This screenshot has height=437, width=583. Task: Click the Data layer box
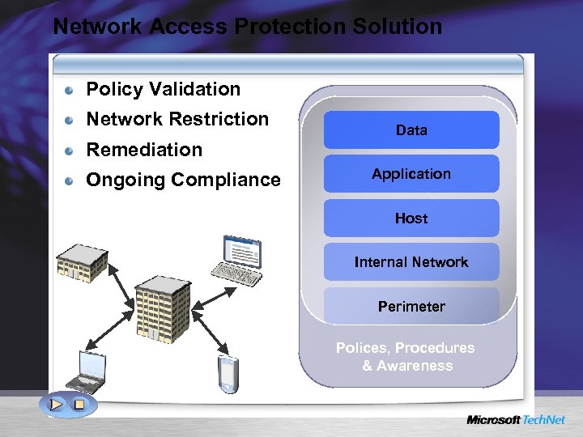coord(411,129)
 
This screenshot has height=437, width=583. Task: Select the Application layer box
coord(411,174)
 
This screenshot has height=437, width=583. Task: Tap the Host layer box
coord(411,218)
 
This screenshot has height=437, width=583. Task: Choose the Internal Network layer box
coord(411,262)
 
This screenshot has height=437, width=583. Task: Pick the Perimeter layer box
coord(411,306)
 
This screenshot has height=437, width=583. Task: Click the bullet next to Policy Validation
coord(71,90)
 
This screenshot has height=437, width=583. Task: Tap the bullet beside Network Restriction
coord(71,120)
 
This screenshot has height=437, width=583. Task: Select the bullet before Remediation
coord(71,151)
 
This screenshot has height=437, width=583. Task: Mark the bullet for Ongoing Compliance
coord(71,180)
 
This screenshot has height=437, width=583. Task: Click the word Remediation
coord(144,150)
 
